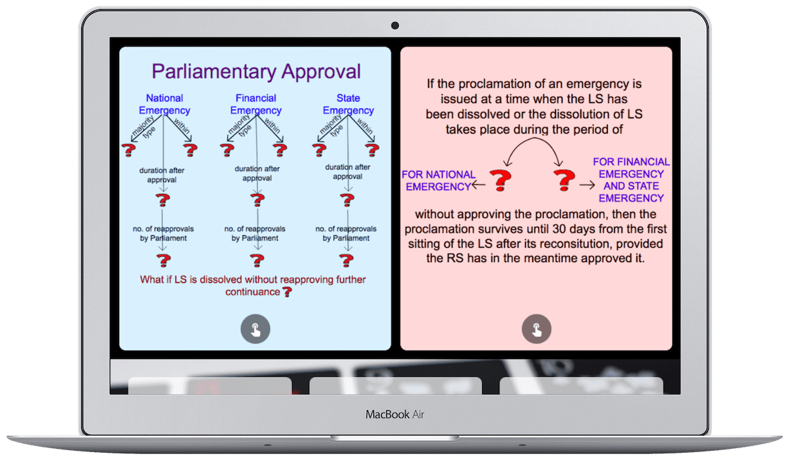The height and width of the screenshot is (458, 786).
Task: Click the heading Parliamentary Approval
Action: tap(256, 71)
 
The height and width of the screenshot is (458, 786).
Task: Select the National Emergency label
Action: tap(164, 104)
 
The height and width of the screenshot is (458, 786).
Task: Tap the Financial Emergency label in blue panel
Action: tap(255, 104)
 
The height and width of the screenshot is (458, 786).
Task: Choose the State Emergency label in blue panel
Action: tap(348, 104)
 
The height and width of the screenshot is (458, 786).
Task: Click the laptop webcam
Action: tap(395, 26)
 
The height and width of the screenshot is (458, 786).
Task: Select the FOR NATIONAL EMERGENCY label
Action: tap(438, 180)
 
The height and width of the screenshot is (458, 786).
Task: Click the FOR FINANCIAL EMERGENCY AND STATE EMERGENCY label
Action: tap(631, 180)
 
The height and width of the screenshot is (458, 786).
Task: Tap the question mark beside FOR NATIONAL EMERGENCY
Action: tap(501, 180)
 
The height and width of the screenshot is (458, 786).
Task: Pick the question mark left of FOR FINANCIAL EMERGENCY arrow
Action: tap(563, 180)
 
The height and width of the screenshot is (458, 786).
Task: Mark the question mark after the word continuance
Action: tap(286, 292)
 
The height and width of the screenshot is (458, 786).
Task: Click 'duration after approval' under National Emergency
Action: tap(162, 174)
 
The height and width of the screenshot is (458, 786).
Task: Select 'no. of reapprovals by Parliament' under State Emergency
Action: tap(346, 233)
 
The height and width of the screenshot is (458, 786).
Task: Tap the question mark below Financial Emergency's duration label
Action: tap(255, 200)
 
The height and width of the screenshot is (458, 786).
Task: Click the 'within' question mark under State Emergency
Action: tap(374, 150)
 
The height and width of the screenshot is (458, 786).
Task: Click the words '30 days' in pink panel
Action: tap(593, 229)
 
